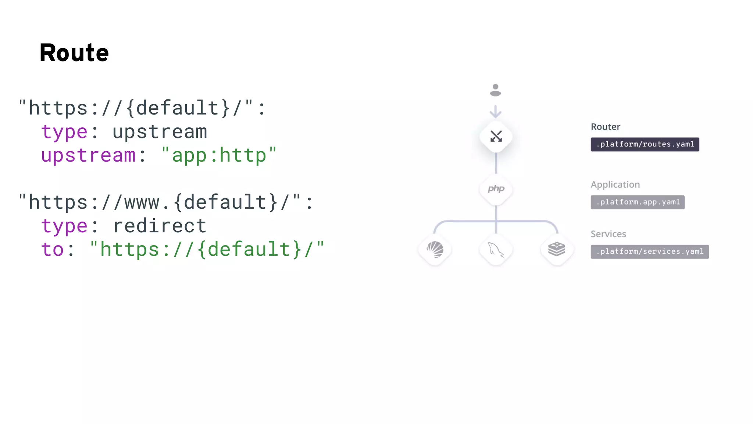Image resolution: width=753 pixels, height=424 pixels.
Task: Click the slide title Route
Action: point(74,53)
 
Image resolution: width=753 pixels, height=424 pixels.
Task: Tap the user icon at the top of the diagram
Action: point(495,90)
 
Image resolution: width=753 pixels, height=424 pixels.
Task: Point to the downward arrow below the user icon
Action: point(496,112)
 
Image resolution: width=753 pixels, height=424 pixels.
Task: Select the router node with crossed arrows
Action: point(496,137)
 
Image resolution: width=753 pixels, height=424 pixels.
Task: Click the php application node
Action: point(496,189)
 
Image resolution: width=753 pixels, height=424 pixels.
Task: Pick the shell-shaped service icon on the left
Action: point(435,250)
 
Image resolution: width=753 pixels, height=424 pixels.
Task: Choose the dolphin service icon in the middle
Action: point(496,250)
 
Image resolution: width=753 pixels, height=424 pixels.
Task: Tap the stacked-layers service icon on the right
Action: point(557,250)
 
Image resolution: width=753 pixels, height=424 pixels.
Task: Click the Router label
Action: point(605,127)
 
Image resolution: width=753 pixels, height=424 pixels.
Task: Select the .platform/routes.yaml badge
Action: point(645,144)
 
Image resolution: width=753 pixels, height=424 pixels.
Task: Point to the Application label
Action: point(615,185)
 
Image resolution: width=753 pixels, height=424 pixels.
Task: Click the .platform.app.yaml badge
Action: point(638,202)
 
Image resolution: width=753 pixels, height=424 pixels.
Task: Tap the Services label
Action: point(608,234)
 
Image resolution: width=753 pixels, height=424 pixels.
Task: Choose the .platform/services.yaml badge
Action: point(650,252)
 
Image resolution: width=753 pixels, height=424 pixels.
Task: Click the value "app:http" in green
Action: point(219,155)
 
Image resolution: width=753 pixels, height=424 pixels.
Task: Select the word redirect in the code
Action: point(160,226)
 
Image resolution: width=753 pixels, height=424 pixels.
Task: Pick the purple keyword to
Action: point(53,250)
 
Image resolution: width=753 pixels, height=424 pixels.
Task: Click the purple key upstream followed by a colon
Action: point(89,155)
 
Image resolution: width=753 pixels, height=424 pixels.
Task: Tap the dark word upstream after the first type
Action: point(160,132)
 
